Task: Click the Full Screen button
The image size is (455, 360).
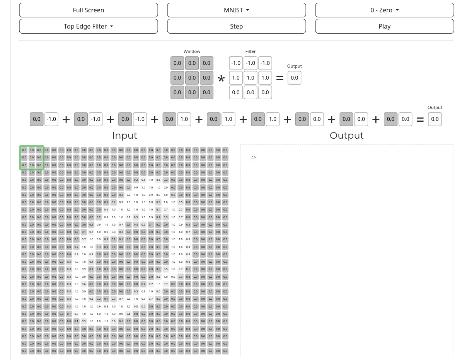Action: [x=89, y=10]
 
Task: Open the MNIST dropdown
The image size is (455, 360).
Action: [x=236, y=10]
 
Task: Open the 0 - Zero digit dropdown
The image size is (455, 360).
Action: [x=384, y=10]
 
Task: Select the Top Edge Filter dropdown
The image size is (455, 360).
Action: [x=89, y=26]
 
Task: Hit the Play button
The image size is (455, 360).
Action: [x=384, y=26]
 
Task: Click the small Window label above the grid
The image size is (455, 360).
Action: [x=192, y=51]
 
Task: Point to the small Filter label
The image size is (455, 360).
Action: [x=251, y=51]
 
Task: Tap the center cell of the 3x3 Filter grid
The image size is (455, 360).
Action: [x=251, y=78]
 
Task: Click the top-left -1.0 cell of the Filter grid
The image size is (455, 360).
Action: [x=236, y=63]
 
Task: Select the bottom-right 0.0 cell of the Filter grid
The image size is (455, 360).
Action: [x=265, y=92]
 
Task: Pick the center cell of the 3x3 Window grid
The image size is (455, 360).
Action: [x=192, y=78]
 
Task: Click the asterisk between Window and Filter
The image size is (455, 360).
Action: [x=221, y=80]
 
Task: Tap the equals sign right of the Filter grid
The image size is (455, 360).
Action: [x=279, y=78]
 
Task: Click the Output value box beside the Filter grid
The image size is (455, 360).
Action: [x=295, y=78]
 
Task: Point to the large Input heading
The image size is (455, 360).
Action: [x=124, y=136]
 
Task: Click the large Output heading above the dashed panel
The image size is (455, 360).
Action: [x=346, y=136]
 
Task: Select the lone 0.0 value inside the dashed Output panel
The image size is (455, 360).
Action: [x=254, y=158]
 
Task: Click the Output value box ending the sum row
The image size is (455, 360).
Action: [x=435, y=119]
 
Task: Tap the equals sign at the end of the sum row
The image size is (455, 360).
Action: [x=420, y=120]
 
